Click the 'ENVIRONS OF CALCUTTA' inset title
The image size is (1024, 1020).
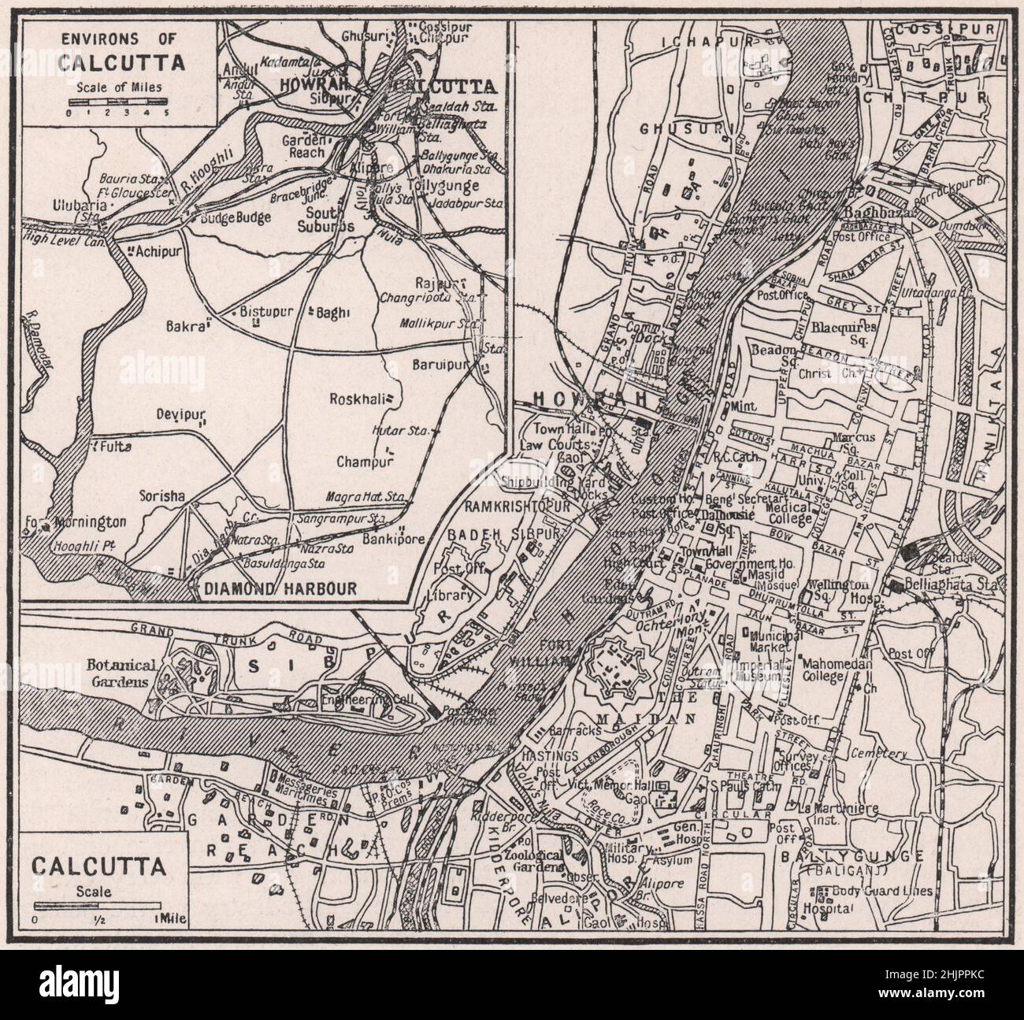pyautogui.click(x=118, y=50)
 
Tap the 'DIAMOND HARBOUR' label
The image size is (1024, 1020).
pyautogui.click(x=276, y=588)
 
